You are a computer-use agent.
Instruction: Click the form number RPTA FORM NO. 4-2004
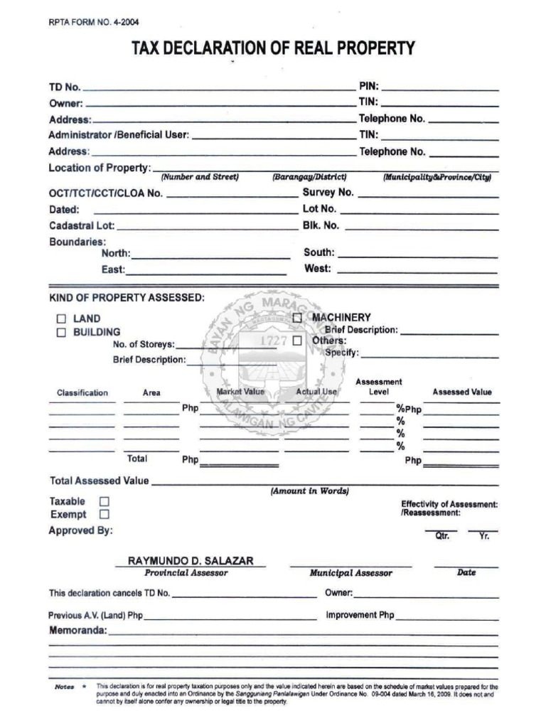point(89,22)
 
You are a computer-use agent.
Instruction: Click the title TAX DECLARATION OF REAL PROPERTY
point(273,48)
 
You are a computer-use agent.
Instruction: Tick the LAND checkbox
point(61,318)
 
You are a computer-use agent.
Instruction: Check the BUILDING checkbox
point(61,332)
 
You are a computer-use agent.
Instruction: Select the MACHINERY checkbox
point(297,317)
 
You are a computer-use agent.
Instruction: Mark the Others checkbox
point(297,341)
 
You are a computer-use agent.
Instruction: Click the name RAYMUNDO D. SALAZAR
point(191,561)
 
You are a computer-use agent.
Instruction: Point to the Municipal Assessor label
point(350,573)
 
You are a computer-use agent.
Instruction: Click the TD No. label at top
point(64,87)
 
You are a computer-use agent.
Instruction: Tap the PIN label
point(368,87)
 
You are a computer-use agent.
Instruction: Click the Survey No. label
point(328,193)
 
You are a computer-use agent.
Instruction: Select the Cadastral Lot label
point(81,226)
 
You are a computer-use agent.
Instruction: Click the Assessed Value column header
point(461,392)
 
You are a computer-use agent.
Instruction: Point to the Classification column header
point(82,392)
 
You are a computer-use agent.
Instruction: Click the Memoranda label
point(77,631)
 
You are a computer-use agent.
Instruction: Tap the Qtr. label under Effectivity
point(442,536)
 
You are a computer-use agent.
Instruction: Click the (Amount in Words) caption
point(309,491)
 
